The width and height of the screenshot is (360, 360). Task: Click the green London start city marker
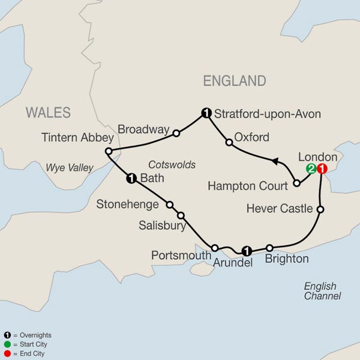coord(311,169)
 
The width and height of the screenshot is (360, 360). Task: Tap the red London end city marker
coord(322,169)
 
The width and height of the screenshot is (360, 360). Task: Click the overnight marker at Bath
coord(130,178)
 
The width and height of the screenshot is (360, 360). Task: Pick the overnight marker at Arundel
coord(245,250)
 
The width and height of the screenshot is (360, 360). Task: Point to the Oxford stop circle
coord(229,143)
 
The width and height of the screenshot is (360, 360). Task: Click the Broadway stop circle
coord(176,133)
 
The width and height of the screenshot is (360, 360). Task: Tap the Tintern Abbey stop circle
coord(109,151)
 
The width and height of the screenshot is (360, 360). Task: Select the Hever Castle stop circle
coord(320,209)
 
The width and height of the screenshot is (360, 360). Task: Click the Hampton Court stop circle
coord(297,183)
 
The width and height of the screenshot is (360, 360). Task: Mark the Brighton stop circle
coord(270,248)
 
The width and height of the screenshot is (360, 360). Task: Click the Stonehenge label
coord(128,205)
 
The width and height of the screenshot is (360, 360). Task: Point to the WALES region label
coord(48,113)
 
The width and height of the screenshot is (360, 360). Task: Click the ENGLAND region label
coord(234,81)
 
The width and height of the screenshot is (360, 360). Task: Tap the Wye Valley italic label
coord(70,168)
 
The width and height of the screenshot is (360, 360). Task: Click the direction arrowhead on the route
coord(274,160)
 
